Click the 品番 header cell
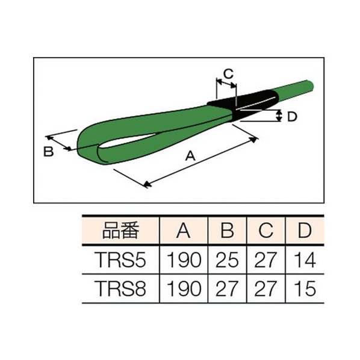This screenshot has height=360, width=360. [120, 230]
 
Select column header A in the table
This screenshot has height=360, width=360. [184, 230]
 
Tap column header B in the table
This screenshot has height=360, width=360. [227, 230]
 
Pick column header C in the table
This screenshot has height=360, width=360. [266, 230]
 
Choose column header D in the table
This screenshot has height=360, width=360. [305, 230]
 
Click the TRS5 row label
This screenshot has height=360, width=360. [121, 260]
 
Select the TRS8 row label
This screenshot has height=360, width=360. [121, 288]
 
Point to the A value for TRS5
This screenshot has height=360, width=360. [184, 260]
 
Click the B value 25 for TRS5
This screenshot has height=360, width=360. [227, 260]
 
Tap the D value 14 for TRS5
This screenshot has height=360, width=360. [305, 260]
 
